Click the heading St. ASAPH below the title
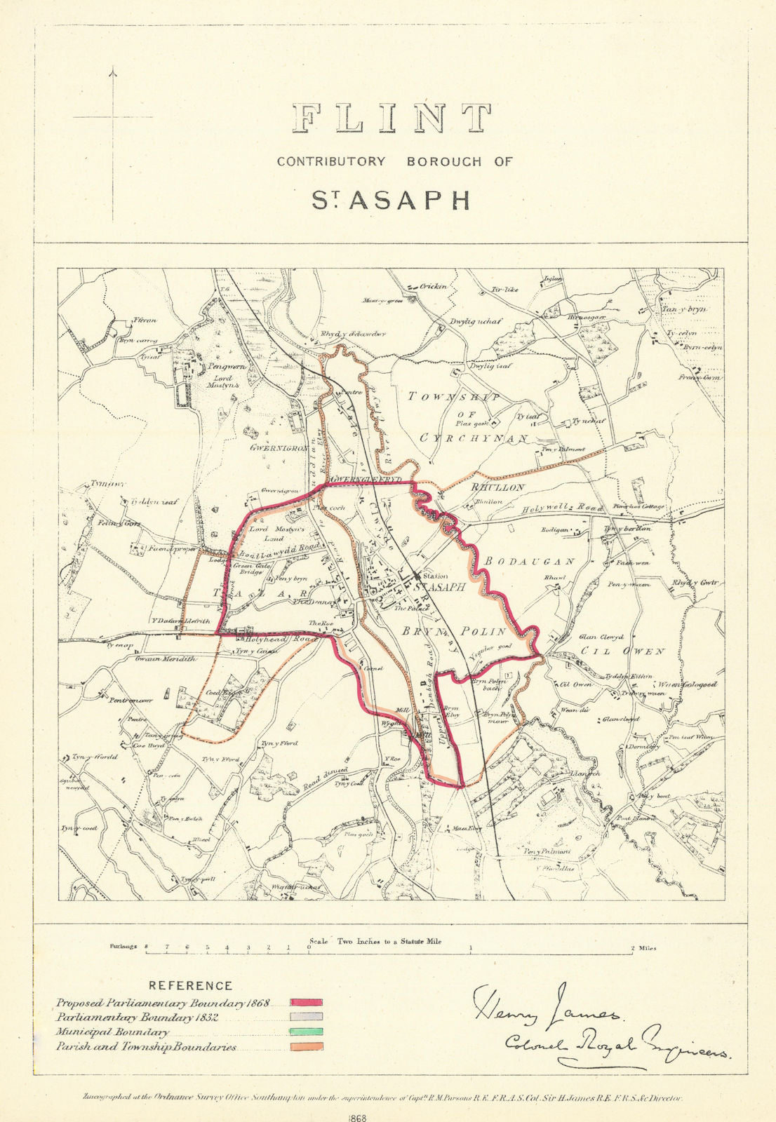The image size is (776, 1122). (x=390, y=200)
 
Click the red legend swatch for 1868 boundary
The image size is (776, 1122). (x=306, y=1003)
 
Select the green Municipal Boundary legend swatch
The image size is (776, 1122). (x=306, y=1032)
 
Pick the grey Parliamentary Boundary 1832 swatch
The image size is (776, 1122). (x=306, y=1017)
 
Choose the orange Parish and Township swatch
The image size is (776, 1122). (x=306, y=1046)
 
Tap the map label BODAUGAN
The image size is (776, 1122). (x=529, y=562)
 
